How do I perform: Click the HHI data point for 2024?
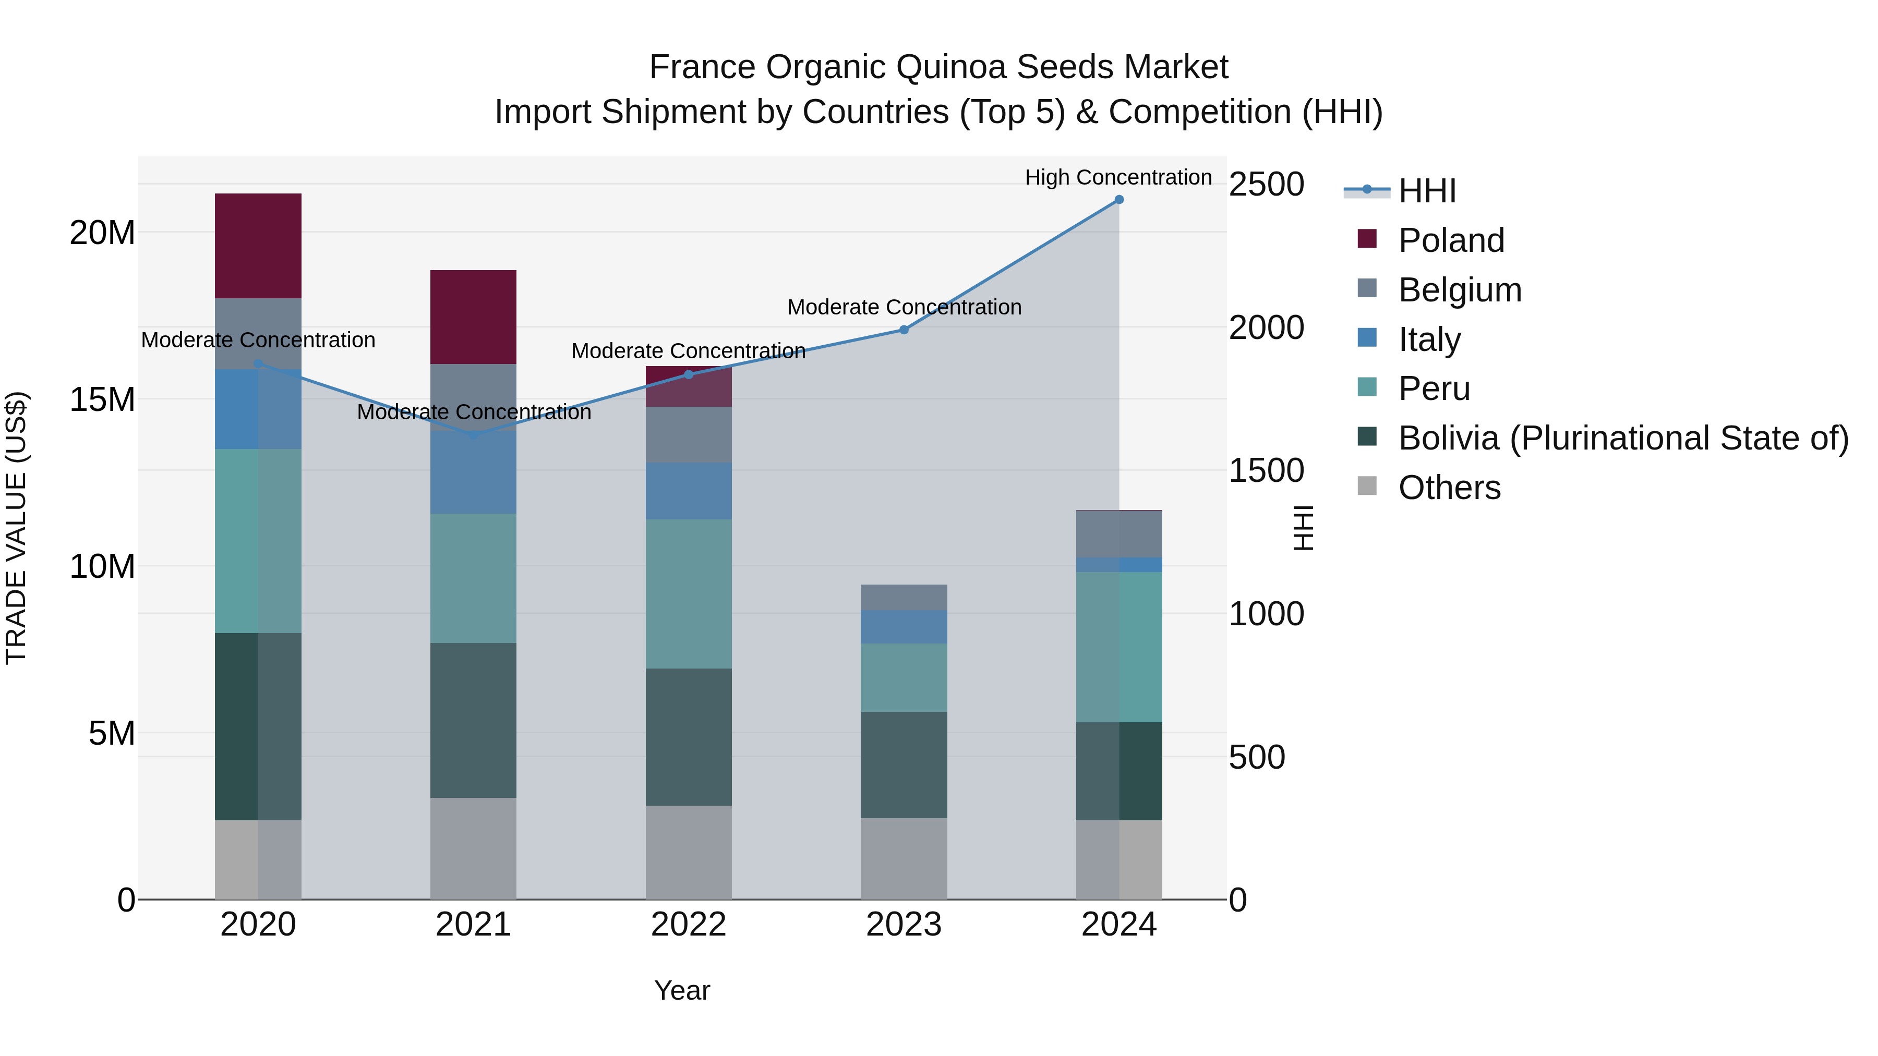pos(1119,200)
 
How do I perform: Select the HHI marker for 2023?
pos(904,330)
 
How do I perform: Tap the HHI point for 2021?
pos(473,434)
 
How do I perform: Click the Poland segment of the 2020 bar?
pos(258,246)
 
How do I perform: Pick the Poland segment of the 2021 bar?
pos(473,317)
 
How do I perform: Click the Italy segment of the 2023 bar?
pos(904,627)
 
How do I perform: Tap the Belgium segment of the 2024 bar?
pos(1119,534)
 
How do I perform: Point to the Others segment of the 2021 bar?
pos(473,848)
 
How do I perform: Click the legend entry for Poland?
pos(1451,240)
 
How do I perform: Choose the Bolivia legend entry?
pos(1623,439)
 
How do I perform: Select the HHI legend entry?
pos(1427,191)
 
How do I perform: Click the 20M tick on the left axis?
pos(102,233)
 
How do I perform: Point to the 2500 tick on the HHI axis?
pos(1266,185)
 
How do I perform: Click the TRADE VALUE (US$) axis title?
pos(16,528)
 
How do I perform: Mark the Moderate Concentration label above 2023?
pos(904,308)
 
